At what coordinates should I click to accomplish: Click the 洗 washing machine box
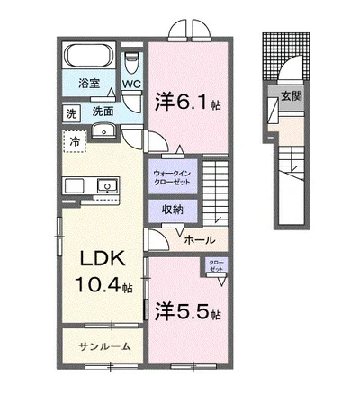click(71, 113)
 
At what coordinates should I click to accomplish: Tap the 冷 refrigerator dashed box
click(76, 141)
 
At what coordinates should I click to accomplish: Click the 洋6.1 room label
click(189, 102)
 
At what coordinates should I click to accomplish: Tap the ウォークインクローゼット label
click(171, 175)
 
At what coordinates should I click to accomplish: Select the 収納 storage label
click(172, 210)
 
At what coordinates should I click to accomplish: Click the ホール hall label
click(198, 240)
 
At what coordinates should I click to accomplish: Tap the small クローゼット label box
click(217, 265)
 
